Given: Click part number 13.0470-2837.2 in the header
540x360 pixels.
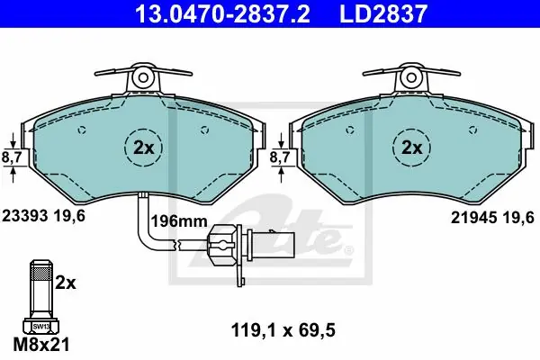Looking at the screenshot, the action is (x=223, y=13).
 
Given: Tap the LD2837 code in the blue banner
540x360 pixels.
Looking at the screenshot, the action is (x=383, y=13).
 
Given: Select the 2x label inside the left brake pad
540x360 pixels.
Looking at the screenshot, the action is (x=144, y=148).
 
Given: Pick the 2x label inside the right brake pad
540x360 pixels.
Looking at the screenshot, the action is (x=412, y=148).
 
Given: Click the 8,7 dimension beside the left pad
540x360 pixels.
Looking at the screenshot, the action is (x=12, y=157).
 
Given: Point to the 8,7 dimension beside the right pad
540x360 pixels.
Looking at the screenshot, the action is (x=280, y=157).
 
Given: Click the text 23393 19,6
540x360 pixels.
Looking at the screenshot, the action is (x=44, y=216).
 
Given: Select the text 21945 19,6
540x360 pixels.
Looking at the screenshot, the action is (x=492, y=218).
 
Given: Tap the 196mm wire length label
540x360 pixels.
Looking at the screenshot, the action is (x=179, y=221).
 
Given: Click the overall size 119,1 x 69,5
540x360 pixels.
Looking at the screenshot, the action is (x=283, y=330).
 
